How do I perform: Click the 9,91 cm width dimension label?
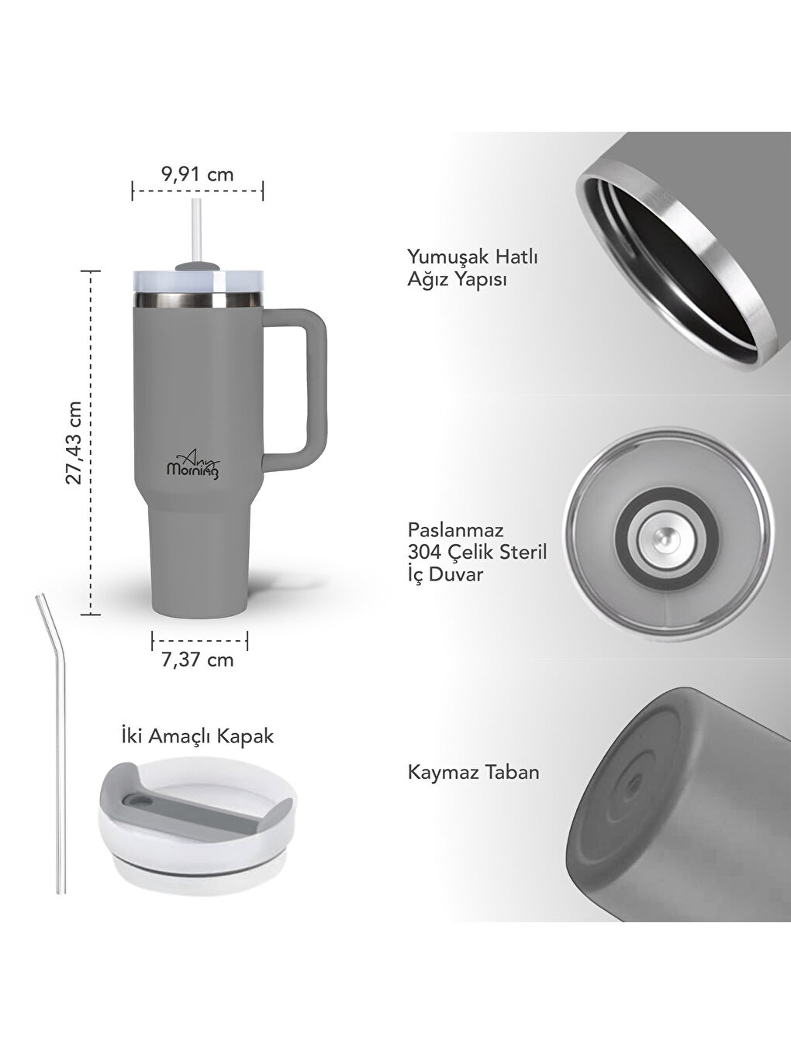197,174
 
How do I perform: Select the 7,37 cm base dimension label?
198,660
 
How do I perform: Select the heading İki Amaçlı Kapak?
198,735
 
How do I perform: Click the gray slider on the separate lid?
198,813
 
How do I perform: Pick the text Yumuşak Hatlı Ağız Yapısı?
472,267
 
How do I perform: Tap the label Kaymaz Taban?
473,772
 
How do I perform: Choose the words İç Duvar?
445,574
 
